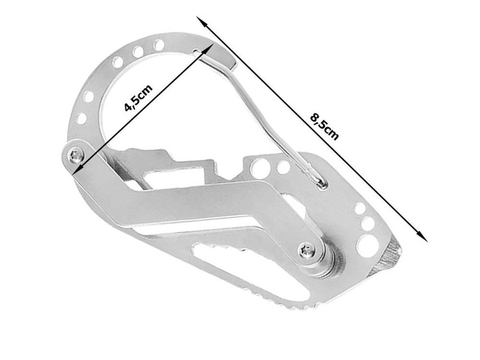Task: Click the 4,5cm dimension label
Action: tap(138, 98)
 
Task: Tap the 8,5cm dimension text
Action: tap(324, 125)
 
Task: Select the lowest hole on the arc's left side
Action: tap(81, 118)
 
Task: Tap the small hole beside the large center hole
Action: tap(283, 167)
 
